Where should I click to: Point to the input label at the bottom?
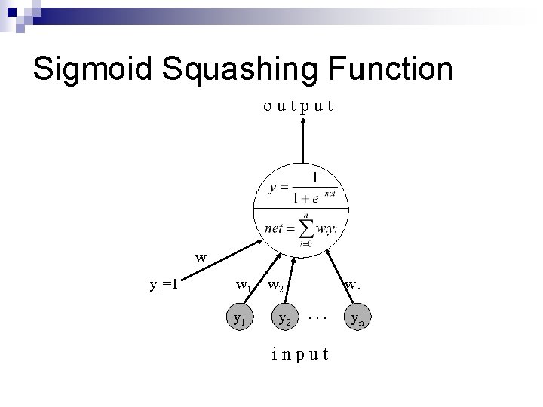point(300,354)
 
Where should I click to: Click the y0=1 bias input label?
point(164,285)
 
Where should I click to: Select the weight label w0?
point(203,259)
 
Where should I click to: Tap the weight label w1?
point(244,286)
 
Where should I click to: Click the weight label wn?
point(353,286)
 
